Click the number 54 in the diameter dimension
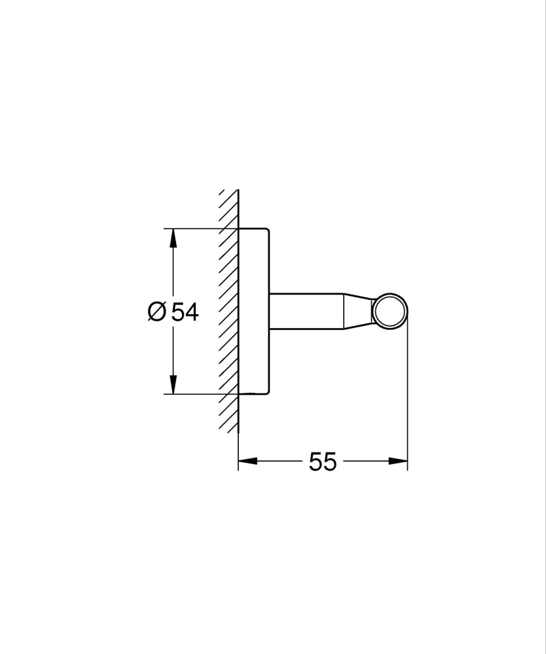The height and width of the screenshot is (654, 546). point(185,312)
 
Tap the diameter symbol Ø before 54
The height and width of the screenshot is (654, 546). point(157,312)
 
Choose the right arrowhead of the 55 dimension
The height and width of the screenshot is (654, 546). point(399,462)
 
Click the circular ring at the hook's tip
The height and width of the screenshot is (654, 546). point(391,310)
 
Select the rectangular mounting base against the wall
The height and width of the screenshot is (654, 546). point(254,311)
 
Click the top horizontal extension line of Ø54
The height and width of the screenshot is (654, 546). point(196,228)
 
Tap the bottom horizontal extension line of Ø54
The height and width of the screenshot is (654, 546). point(196,394)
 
